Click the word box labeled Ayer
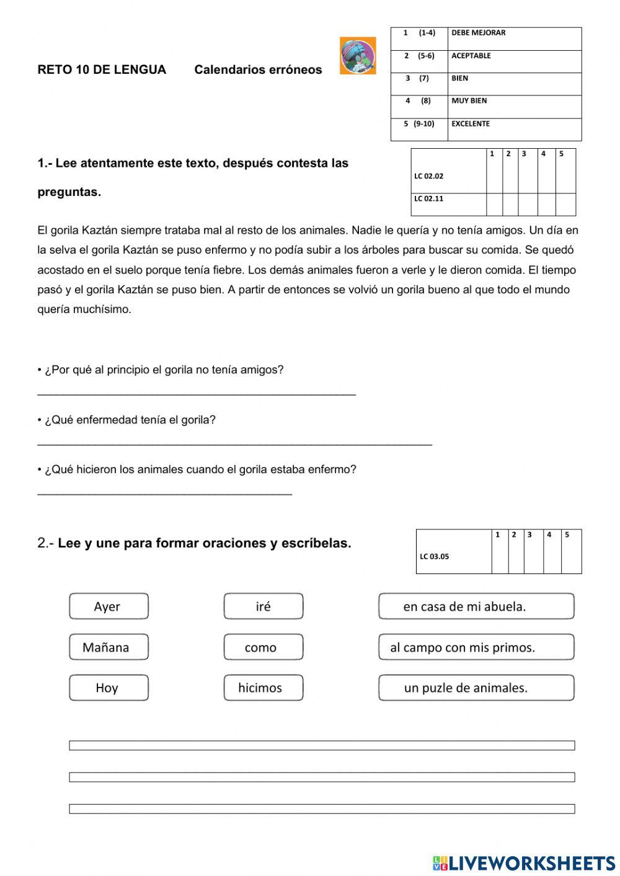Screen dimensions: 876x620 point(108,606)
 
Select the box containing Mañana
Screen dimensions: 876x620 point(108,647)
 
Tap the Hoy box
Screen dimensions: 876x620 point(108,688)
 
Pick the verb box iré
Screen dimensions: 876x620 point(263,606)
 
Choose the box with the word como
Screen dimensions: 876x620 point(263,647)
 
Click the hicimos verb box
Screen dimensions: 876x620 point(263,688)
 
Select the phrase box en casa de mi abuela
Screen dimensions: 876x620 point(476,606)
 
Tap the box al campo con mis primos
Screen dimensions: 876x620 point(476,647)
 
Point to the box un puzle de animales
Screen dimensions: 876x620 point(476,688)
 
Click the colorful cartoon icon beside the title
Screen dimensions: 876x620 point(358,56)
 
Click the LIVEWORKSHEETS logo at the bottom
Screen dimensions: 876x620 point(524,862)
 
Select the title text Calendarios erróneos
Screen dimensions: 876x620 point(258,69)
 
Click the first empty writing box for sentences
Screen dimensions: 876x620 point(322,745)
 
